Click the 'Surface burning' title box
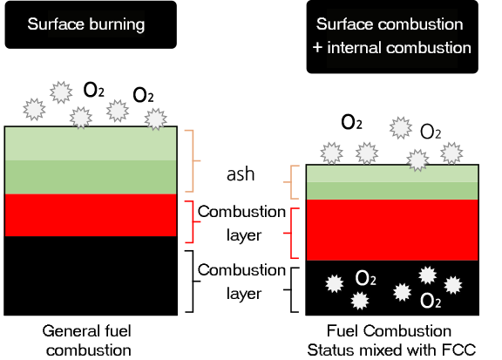tap(91, 24)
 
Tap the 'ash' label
tap(241, 174)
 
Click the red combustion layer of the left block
tap(91, 215)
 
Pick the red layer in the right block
tap(392, 230)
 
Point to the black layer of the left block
tap(91, 275)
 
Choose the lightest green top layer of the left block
tap(91, 144)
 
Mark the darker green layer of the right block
tap(392, 191)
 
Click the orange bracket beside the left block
tap(193, 160)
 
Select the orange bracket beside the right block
tap(291, 182)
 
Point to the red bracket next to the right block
tap(291, 233)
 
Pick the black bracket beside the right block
tap(291, 290)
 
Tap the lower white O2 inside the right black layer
tap(431, 301)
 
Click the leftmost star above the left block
tap(34, 109)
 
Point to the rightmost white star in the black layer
tap(452, 285)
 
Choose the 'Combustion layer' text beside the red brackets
tap(241, 223)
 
